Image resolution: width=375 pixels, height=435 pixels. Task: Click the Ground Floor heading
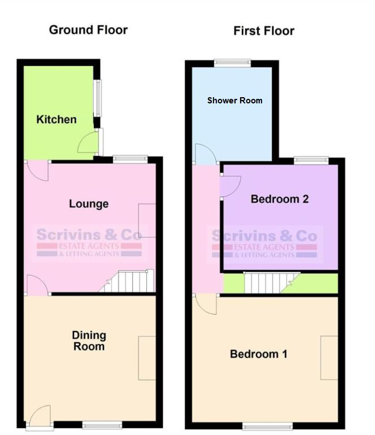[88, 30]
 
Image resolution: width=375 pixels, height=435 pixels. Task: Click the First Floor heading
[264, 31]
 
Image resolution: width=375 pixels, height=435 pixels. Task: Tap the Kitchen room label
[56, 120]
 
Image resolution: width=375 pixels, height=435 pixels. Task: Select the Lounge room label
[89, 203]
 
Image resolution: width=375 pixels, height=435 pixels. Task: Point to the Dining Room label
[89, 341]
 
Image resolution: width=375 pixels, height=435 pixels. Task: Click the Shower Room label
[234, 101]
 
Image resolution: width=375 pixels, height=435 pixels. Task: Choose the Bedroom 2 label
[280, 199]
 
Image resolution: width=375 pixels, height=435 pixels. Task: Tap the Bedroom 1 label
[258, 354]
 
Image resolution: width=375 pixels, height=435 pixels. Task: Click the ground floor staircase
[129, 281]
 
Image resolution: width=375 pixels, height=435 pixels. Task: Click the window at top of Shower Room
[232, 62]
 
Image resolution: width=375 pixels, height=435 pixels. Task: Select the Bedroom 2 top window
[311, 160]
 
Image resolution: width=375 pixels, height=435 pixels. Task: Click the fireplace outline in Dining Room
[146, 358]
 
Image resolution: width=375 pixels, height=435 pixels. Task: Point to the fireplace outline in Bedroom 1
[329, 357]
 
